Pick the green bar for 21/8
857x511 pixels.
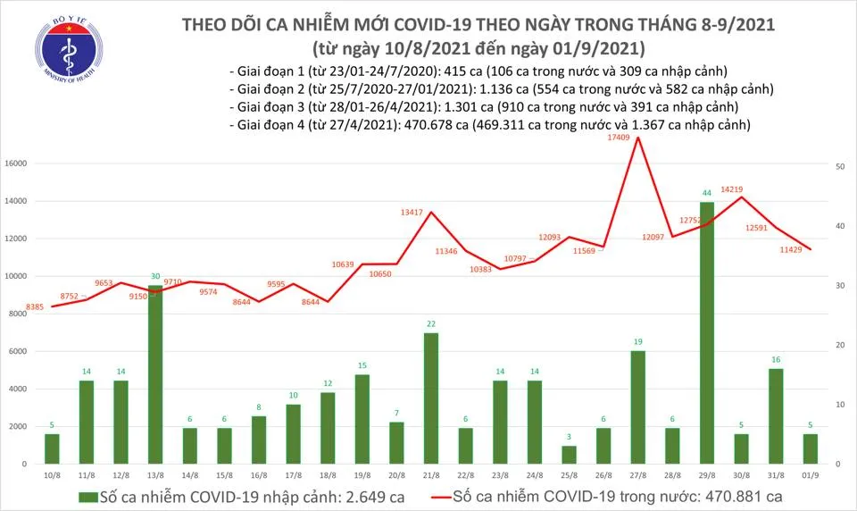(x=431, y=398)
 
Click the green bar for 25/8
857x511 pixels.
(x=569, y=455)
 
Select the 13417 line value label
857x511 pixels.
(x=412, y=213)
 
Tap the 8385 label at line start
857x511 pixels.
(x=37, y=307)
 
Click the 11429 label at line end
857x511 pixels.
(x=790, y=249)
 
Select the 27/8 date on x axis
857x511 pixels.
(x=637, y=473)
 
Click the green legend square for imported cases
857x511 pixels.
(x=85, y=496)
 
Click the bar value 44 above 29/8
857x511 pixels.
(x=706, y=194)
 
